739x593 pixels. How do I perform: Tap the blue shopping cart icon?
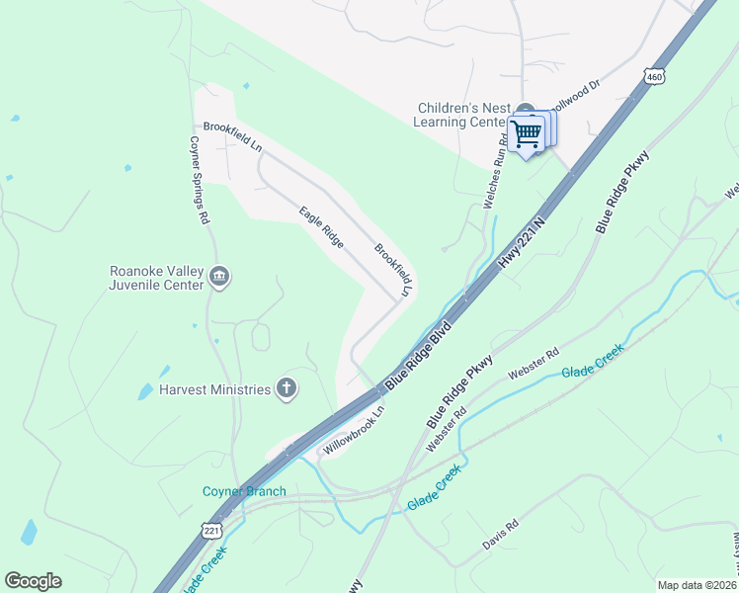528,132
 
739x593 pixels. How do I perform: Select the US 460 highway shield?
653,75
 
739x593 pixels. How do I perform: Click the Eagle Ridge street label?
321,226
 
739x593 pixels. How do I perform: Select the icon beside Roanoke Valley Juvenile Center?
220,276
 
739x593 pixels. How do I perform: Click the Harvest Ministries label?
202,389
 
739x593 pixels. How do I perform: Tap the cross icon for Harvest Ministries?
287,388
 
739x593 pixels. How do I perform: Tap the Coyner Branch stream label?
244,491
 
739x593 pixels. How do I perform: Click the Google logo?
33,581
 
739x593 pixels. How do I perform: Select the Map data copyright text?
697,585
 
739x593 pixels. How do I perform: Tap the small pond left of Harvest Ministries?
145,390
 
